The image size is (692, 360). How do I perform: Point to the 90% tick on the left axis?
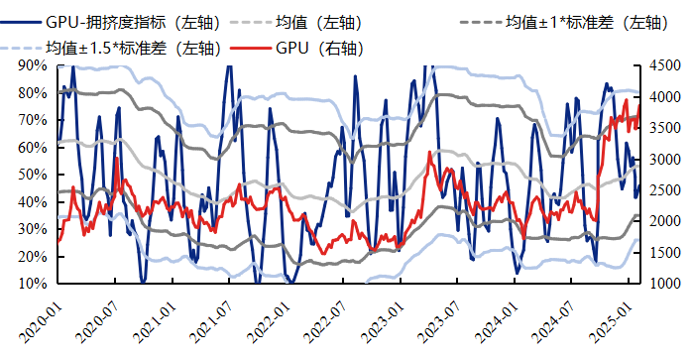pyautogui.click(x=33, y=65)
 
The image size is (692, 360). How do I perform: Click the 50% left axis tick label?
pyautogui.click(x=33, y=175)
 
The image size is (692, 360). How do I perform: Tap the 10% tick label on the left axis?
pyautogui.click(x=33, y=284)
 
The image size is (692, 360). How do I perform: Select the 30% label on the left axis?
pyautogui.click(x=33, y=229)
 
